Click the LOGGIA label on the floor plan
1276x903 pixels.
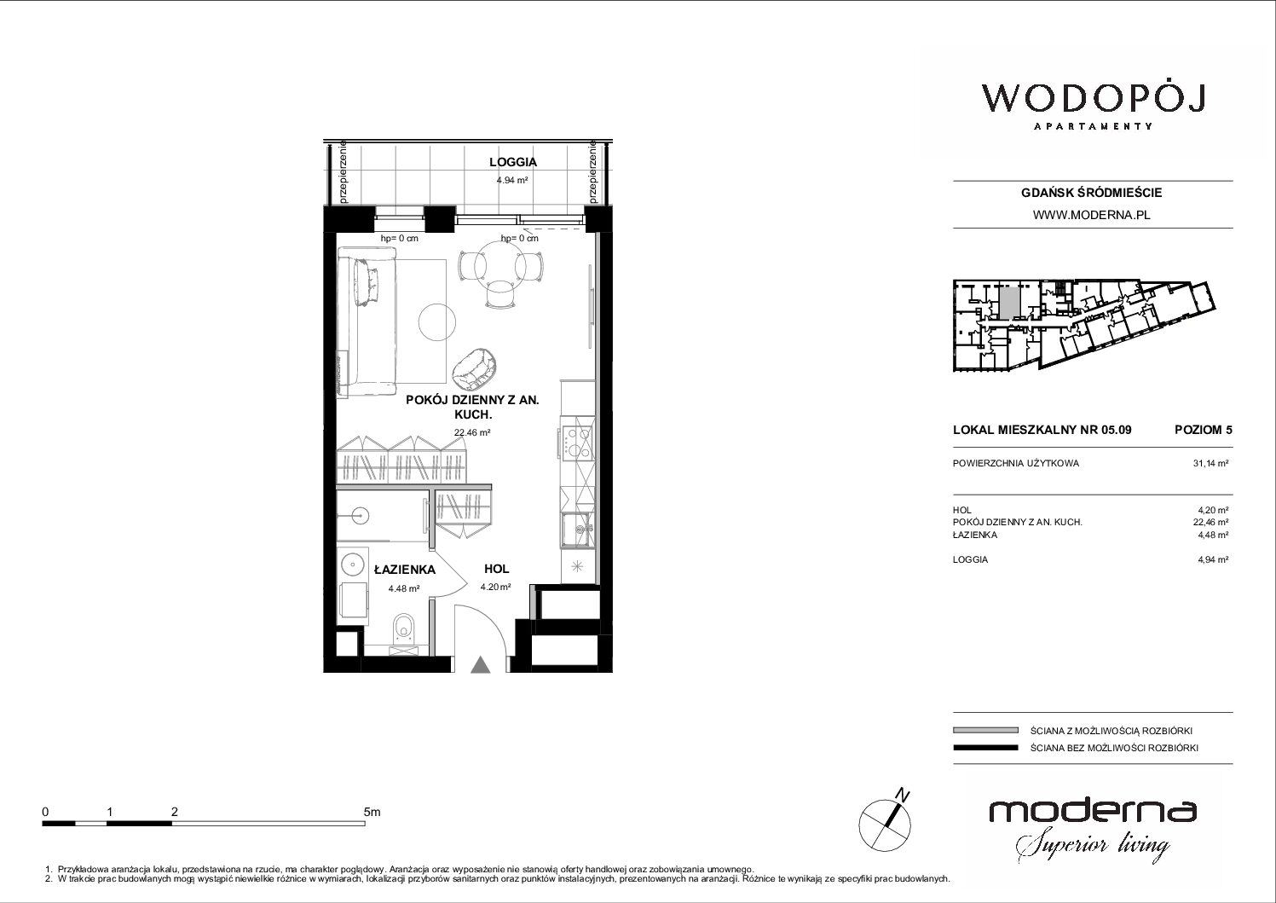tap(512, 162)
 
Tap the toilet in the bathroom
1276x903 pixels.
tap(404, 628)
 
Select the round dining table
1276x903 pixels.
tap(500, 265)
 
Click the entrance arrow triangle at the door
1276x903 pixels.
tap(481, 665)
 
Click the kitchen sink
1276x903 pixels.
tap(578, 530)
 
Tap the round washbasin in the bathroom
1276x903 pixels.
tap(353, 564)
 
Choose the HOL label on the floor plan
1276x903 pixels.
tap(496, 569)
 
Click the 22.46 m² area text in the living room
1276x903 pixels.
tap(472, 432)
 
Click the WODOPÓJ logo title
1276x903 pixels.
tap(1093, 99)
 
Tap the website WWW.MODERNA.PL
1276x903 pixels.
tap(1091, 215)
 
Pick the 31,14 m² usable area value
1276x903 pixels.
tap(1210, 463)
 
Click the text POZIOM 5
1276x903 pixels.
tap(1203, 430)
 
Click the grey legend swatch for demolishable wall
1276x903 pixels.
tap(985, 731)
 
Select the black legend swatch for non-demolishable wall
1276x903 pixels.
tap(985, 748)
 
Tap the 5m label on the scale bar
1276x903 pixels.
tap(372, 812)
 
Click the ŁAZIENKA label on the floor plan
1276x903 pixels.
tap(404, 570)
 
